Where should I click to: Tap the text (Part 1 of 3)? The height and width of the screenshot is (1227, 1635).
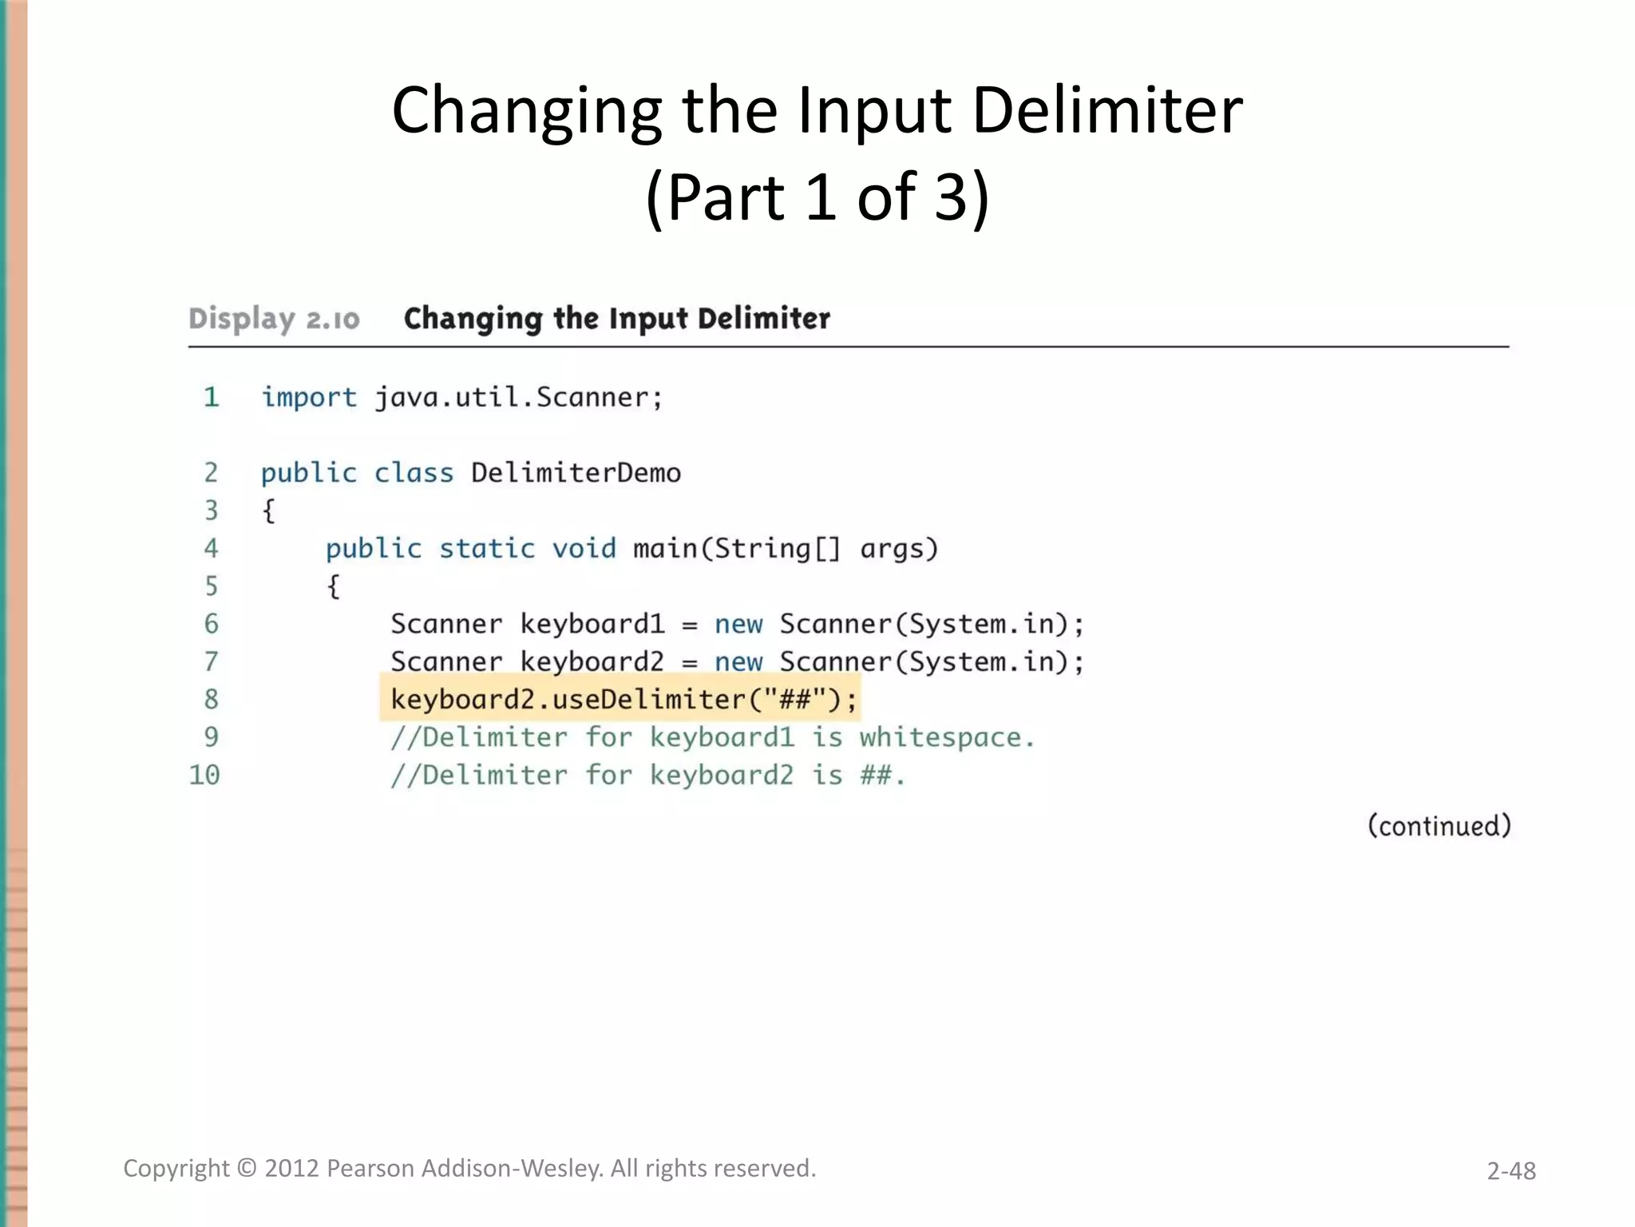817,197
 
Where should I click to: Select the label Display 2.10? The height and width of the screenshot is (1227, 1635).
274,319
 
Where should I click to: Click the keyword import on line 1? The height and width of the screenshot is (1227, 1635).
309,397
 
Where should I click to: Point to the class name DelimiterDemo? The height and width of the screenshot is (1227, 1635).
576,473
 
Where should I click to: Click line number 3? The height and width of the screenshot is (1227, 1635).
211,510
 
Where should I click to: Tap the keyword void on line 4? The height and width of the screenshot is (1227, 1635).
584,549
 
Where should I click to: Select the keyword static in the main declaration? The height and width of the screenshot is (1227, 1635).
487,549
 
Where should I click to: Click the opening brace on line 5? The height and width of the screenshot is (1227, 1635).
334,587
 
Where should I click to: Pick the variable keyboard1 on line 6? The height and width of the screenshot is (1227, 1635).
592,624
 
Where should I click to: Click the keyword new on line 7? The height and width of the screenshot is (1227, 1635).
738,662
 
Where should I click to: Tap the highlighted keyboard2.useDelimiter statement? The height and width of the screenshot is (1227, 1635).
623,700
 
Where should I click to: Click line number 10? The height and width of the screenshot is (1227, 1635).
204,775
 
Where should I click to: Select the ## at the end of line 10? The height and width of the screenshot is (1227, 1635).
876,775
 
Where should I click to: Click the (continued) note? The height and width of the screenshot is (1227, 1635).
1439,825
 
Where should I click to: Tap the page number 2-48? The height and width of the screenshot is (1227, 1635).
1510,1170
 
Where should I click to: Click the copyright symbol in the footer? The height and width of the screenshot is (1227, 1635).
247,1169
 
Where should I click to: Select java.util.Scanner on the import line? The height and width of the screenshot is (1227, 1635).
518,397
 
